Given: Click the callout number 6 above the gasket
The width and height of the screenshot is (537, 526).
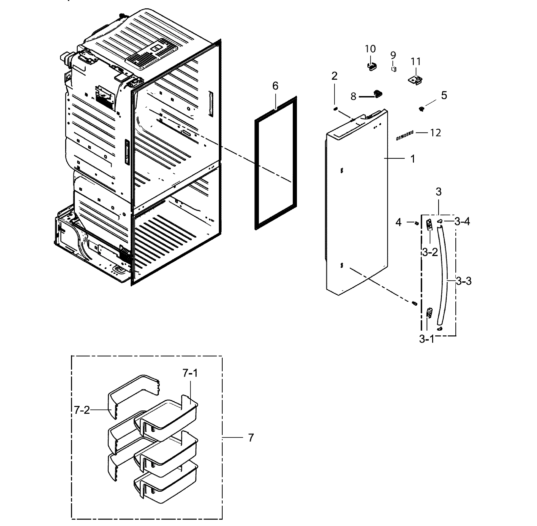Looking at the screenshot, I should click(275, 86).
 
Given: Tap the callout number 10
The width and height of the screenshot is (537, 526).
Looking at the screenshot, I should click(370, 49).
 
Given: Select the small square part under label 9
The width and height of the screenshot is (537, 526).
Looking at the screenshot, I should click(394, 69).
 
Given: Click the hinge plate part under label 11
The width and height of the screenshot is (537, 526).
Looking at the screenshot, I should click(415, 80).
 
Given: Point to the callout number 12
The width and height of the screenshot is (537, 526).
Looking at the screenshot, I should click(435, 133).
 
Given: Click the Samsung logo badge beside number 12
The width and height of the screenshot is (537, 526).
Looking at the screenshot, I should click(405, 136).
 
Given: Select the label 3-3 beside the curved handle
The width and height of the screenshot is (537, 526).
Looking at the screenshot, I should click(463, 281).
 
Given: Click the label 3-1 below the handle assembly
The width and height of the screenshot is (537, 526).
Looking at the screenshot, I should click(427, 339).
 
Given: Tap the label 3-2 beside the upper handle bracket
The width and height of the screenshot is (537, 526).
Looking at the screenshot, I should click(430, 252).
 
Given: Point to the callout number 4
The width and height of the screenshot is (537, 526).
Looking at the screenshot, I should click(398, 222).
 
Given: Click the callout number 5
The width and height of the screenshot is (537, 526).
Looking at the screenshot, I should click(444, 96).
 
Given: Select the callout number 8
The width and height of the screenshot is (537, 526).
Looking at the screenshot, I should click(353, 97).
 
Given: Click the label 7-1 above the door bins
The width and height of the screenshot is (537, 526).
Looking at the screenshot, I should click(190, 374).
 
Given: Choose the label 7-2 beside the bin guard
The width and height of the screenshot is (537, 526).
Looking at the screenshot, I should click(82, 410).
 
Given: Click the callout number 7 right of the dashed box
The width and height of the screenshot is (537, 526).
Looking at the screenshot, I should click(250, 438).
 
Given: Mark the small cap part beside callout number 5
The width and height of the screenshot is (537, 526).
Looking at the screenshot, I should click(422, 109).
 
